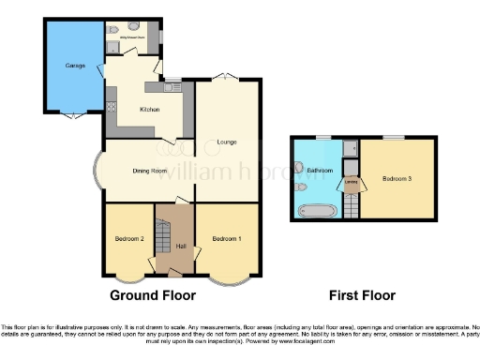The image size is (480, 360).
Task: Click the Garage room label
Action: coord(75,66)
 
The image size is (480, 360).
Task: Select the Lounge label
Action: coord(226,142)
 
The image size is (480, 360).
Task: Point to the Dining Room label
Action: coord(149,171)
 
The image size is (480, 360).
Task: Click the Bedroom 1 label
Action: coord(227,238)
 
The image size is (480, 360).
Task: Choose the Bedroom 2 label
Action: coord(128,238)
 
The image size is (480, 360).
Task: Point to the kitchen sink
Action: coord(172,87)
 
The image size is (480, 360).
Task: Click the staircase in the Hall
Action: coord(161,243)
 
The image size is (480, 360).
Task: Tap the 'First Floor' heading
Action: coord(362,295)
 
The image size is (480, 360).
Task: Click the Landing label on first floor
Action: coord(351,180)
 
